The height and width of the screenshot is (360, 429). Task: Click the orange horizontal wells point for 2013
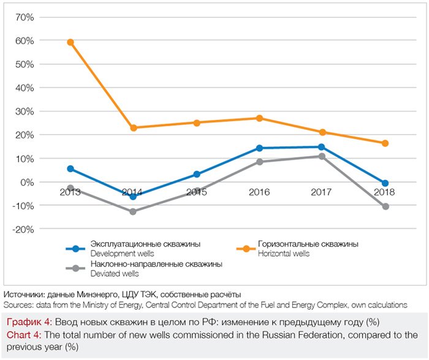(70, 42)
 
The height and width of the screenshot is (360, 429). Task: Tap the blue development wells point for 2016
(259, 148)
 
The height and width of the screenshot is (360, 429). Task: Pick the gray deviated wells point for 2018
(385, 206)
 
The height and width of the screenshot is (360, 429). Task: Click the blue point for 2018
(385, 183)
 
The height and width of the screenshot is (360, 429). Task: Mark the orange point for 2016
(259, 118)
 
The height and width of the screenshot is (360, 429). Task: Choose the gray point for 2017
(322, 156)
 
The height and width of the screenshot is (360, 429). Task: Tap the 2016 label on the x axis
(259, 192)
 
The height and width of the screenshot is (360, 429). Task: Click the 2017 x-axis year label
(322, 192)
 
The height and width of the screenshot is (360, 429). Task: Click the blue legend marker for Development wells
(76, 249)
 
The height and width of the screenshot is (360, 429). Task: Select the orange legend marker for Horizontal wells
(246, 249)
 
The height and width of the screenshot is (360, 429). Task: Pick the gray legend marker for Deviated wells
(76, 268)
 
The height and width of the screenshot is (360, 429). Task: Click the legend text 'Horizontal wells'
(284, 253)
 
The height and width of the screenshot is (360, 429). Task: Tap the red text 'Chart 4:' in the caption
(23, 335)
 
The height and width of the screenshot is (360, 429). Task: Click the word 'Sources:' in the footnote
(18, 304)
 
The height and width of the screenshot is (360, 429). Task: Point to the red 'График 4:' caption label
(29, 322)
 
